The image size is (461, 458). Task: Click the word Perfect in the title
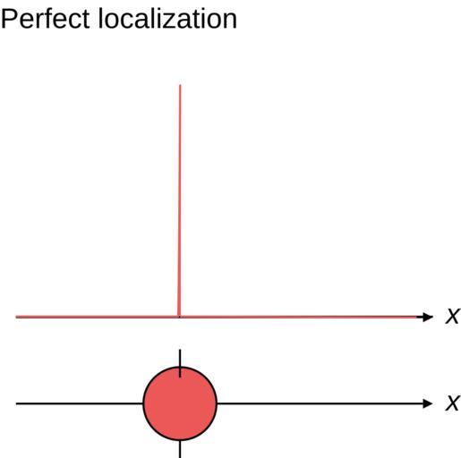click(x=46, y=19)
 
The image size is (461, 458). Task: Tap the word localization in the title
click(x=167, y=19)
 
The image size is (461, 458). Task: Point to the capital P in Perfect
click(x=9, y=19)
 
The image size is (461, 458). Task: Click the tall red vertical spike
click(x=179, y=200)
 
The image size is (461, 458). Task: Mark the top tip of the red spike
click(x=180, y=85)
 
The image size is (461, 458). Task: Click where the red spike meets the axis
click(x=179, y=317)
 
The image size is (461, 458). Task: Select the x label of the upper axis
click(x=452, y=316)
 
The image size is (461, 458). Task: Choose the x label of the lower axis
click(x=452, y=403)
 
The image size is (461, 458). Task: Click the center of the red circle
click(x=180, y=403)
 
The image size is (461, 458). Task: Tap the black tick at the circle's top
click(x=180, y=363)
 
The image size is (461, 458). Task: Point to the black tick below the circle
click(x=180, y=449)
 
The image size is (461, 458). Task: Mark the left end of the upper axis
click(x=16, y=317)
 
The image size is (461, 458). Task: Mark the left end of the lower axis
click(x=16, y=403)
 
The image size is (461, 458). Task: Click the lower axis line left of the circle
click(x=80, y=403)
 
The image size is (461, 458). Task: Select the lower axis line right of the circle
click(x=320, y=403)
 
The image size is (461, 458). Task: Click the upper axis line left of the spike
click(x=97, y=317)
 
